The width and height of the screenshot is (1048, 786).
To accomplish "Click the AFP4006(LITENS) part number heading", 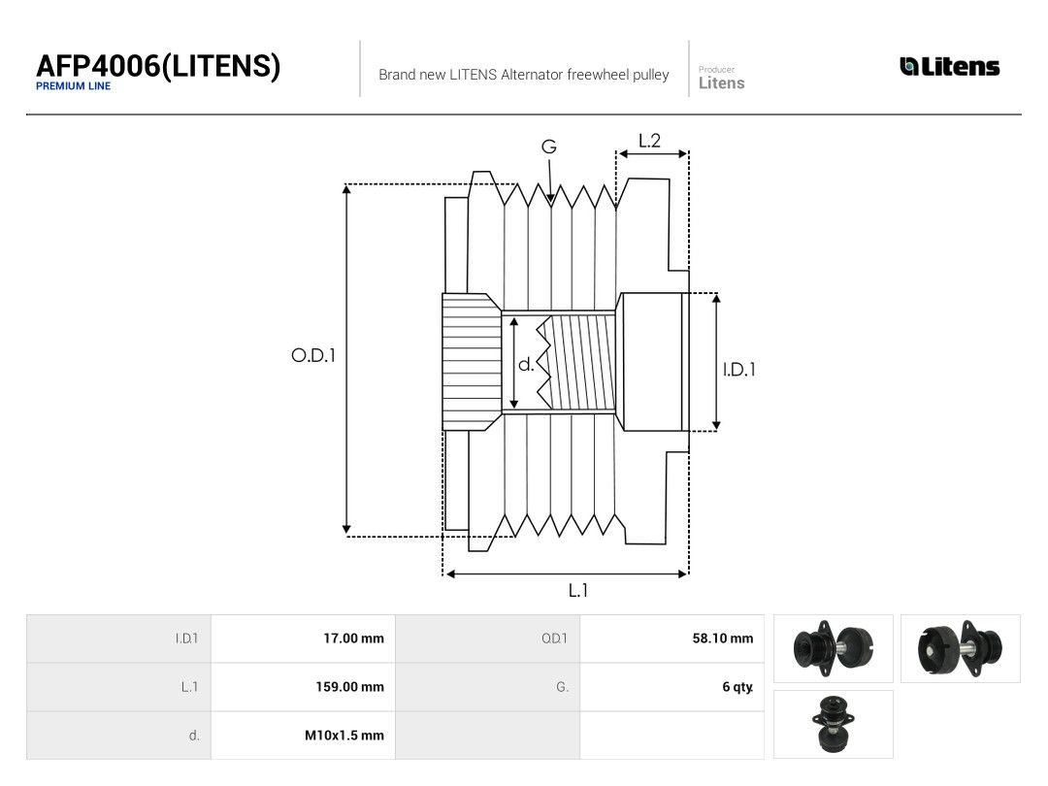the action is point(158,66).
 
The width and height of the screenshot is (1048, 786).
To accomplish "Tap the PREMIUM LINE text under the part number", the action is point(74,86).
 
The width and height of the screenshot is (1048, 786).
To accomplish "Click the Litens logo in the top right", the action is point(950,66).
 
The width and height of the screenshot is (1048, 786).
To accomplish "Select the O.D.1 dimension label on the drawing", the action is point(312,355).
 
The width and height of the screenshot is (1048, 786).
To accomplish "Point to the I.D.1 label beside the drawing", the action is point(739,370).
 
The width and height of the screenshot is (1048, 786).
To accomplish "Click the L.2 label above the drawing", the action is point(649,141).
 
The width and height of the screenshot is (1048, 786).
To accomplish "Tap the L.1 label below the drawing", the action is point(578,590).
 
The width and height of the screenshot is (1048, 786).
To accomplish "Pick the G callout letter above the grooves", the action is point(548,147).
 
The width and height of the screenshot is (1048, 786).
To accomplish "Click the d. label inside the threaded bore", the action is point(526,364).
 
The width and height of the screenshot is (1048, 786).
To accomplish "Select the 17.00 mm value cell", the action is point(303,639).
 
